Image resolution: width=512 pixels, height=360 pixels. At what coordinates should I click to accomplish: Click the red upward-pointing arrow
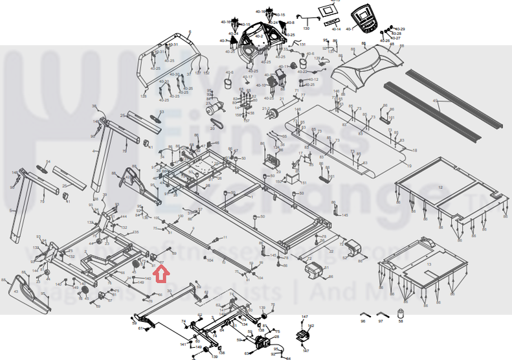(162, 275)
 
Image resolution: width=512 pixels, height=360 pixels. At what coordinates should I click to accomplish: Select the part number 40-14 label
(336, 29)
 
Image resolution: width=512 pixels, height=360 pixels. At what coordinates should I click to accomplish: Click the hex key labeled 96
(363, 321)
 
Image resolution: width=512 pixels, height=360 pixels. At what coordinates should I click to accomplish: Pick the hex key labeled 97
(381, 321)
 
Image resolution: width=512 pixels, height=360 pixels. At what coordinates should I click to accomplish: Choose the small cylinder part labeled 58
(399, 315)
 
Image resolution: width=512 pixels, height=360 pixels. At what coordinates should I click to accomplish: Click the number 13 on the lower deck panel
(429, 264)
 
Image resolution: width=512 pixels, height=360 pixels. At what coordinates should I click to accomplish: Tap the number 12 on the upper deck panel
(441, 186)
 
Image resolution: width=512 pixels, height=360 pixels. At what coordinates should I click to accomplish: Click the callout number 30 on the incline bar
(170, 291)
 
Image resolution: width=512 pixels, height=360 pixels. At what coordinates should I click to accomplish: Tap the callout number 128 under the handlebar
(144, 96)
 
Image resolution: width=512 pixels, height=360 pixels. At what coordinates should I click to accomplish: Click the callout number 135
(136, 232)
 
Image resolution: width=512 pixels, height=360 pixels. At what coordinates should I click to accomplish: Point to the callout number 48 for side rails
(436, 101)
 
